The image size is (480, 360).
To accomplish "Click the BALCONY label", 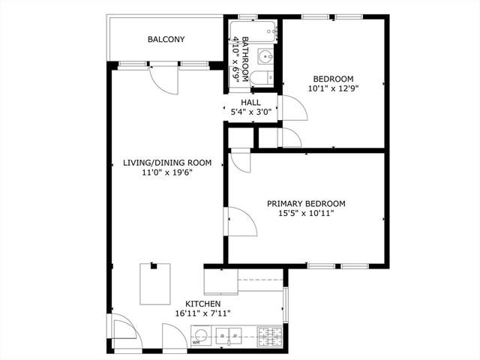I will (166, 39).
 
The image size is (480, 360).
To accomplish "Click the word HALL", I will (250, 103).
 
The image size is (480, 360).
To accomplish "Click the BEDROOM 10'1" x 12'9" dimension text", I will (333, 88).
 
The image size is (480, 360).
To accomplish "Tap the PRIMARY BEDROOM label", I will (307, 203).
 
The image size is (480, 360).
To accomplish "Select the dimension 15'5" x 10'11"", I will (307, 213).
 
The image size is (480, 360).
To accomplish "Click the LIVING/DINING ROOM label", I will (167, 163).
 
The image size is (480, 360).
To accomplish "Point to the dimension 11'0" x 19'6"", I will (167, 172).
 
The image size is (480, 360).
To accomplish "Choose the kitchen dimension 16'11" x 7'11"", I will (202, 313).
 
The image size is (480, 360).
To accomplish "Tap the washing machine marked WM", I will (199, 337).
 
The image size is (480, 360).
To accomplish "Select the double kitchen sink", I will (228, 335).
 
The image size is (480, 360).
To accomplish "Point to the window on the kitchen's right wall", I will (284, 304).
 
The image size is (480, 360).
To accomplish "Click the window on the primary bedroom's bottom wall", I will (337, 265).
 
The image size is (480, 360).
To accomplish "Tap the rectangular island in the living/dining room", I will (155, 283).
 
